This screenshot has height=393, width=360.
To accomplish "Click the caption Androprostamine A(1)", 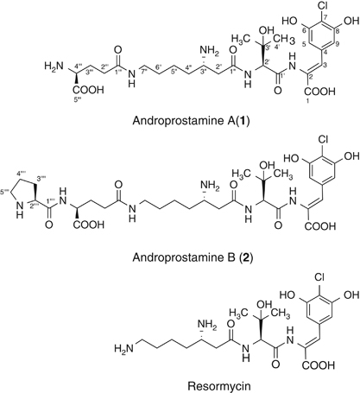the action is (x=191, y=121).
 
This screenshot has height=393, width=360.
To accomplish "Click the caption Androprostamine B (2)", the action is (x=193, y=257).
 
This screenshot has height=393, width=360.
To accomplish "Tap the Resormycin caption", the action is (x=218, y=385).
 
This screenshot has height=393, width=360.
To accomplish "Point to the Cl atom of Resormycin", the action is (x=320, y=277).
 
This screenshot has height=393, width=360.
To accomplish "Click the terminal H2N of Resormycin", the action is (x=123, y=348).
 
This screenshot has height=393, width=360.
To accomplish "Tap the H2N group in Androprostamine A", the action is (x=54, y=67).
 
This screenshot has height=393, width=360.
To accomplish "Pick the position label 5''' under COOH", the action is (x=78, y=100).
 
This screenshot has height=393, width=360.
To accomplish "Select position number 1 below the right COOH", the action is (x=307, y=101).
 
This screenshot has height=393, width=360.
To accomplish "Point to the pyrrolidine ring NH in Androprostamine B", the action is (x=19, y=209).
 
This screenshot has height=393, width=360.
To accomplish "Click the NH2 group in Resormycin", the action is (x=206, y=325).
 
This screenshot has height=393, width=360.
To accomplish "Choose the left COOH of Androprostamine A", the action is (x=88, y=90).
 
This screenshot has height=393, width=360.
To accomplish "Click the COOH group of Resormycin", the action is (x=318, y=365).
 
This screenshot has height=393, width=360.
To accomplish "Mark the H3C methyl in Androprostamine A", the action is (x=241, y=38).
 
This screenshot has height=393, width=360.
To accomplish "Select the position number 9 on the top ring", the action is (x=338, y=44).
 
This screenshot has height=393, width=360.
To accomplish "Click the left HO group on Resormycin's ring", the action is (x=287, y=295).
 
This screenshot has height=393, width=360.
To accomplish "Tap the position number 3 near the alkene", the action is (x=325, y=65).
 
